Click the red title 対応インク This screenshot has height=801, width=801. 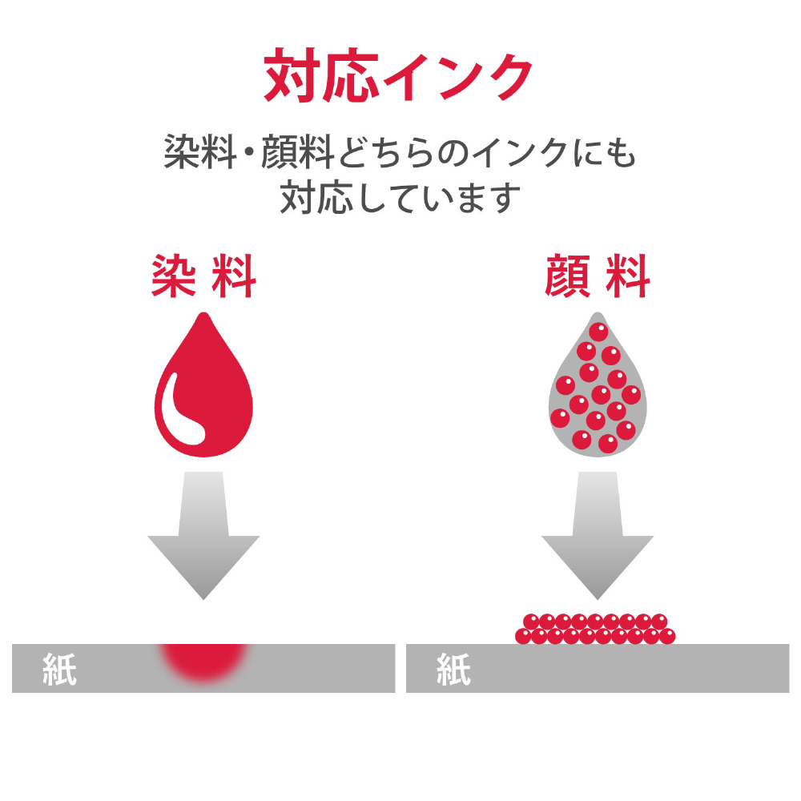click(x=398, y=76)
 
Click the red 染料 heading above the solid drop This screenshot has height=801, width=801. click(x=203, y=277)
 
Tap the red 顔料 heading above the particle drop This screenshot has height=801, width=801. click(x=597, y=277)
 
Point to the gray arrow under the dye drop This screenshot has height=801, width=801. click(x=203, y=533)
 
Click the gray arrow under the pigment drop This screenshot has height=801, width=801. click(x=597, y=533)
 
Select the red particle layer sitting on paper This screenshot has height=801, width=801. click(x=595, y=629)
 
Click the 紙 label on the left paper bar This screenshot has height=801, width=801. click(x=59, y=670)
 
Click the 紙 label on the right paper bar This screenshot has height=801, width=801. click(x=453, y=670)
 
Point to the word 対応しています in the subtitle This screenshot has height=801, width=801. click(x=400, y=197)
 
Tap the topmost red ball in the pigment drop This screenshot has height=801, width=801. click(x=598, y=332)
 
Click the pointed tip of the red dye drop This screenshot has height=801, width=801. click(x=203, y=315)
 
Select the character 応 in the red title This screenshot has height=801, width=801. click(x=345, y=77)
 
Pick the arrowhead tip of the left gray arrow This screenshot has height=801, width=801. click(x=203, y=597)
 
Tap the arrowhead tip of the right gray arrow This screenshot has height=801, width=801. click(x=597, y=597)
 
